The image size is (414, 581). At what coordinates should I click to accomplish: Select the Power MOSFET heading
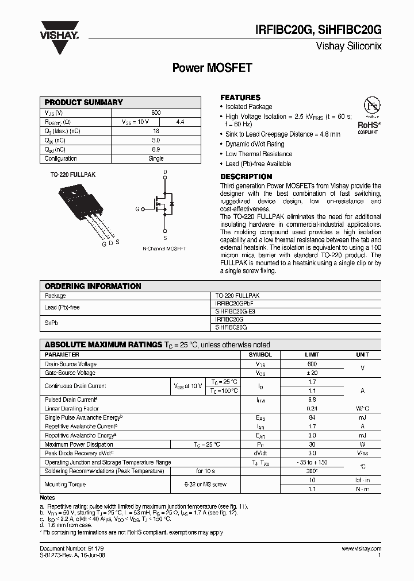tap(212, 68)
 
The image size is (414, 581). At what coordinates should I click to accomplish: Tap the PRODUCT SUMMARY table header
tap(84, 102)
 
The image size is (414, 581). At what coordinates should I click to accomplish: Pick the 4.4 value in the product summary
tap(179, 122)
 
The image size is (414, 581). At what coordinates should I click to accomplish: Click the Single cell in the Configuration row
tap(156, 158)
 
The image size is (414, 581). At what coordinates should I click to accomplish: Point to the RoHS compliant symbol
tap(368, 115)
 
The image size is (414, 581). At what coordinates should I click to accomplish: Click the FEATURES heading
tap(240, 97)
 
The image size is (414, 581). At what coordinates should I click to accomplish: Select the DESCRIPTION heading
tap(246, 176)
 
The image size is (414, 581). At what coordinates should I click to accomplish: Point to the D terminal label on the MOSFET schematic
tap(165, 172)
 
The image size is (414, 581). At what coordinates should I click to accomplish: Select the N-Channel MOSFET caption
tap(164, 249)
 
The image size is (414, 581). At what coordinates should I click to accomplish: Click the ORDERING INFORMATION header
tap(93, 286)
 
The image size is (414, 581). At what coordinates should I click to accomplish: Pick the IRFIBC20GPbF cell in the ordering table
tap(234, 303)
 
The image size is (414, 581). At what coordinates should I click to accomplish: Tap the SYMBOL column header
tap(260, 355)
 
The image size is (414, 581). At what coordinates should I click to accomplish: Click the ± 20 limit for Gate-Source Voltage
tap(312, 373)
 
